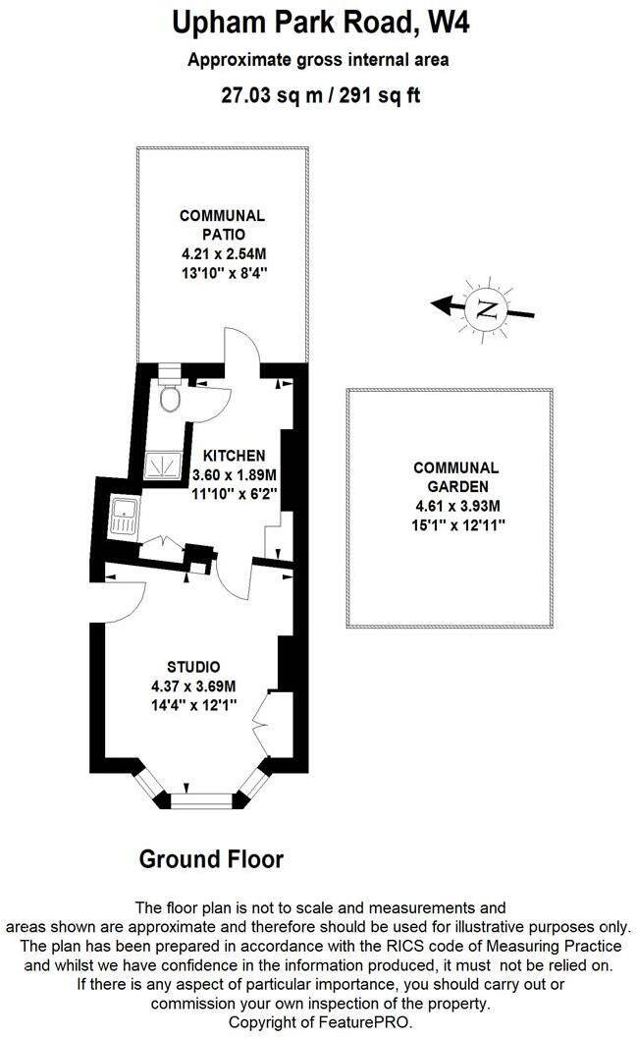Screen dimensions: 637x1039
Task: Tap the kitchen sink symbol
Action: (x=124, y=516)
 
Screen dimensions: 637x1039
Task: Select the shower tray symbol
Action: (x=163, y=465)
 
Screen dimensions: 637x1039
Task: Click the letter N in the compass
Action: (x=487, y=309)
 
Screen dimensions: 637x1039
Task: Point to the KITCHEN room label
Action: (x=234, y=456)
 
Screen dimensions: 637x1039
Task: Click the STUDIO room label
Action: (x=193, y=667)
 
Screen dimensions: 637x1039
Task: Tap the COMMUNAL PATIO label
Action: (x=223, y=225)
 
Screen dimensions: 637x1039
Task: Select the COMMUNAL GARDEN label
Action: (x=456, y=477)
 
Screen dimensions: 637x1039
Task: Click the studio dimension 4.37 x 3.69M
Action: (x=193, y=686)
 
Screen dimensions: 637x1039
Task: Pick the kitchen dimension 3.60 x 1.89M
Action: (x=234, y=475)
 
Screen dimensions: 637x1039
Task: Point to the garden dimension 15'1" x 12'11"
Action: (x=457, y=525)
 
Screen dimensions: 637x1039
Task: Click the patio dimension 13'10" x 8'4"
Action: (x=224, y=272)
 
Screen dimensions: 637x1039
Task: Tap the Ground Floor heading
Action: (x=211, y=859)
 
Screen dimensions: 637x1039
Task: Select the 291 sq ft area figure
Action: (x=380, y=95)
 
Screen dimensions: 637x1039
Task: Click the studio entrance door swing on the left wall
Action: (x=124, y=602)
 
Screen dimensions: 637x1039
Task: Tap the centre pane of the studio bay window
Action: (x=201, y=800)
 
